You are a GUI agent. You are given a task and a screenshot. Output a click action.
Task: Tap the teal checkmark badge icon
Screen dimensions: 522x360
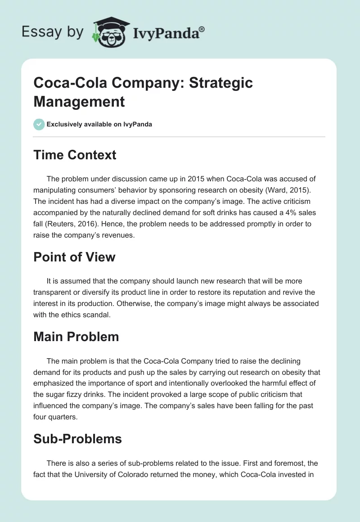pos(39,124)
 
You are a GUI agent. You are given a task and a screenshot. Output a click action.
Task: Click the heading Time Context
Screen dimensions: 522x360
pos(75,155)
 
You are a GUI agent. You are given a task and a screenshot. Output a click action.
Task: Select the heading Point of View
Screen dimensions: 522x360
pos(74,257)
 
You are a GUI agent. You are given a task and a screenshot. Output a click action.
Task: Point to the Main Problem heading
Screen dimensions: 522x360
pos(76,337)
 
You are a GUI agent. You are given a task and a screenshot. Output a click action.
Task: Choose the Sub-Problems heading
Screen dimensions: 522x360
pos(77,439)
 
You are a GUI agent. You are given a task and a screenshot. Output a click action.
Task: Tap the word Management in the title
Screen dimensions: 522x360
pos(79,102)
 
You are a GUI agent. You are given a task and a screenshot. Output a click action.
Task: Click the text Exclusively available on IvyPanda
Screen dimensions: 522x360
pos(99,124)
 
